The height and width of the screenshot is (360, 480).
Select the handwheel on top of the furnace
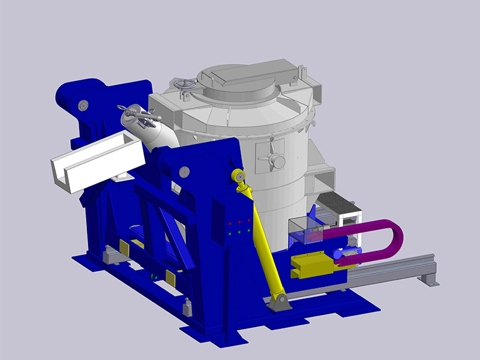187,86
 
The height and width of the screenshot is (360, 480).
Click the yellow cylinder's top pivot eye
238,176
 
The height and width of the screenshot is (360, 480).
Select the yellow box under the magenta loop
312,264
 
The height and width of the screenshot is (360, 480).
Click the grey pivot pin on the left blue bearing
82,106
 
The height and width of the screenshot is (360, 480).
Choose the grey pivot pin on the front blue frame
182,173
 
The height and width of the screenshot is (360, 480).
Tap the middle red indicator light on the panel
239,222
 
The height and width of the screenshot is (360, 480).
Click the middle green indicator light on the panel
239,231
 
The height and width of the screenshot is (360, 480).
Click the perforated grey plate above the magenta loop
340,204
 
